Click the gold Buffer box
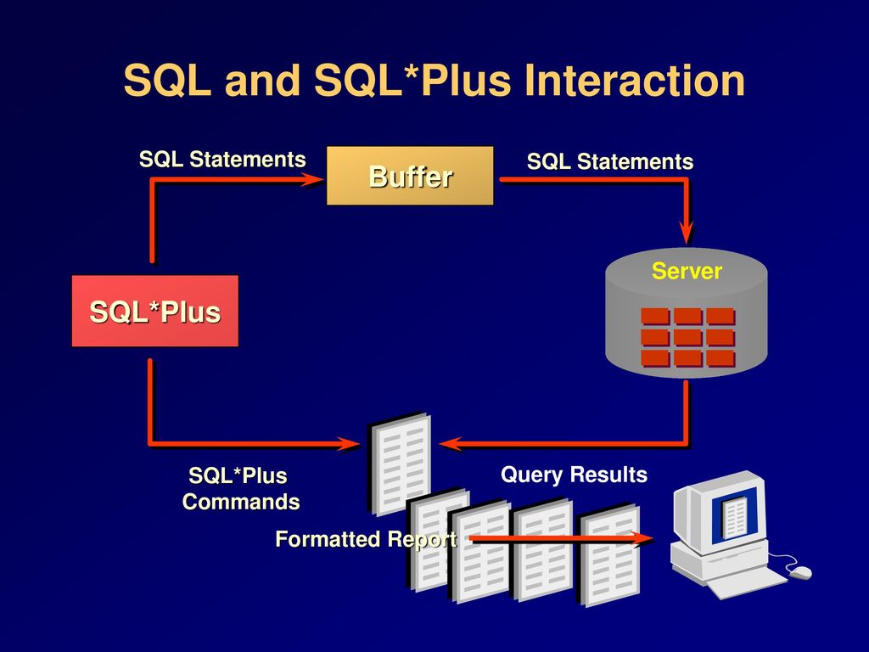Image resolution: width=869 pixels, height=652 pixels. pos(410,176)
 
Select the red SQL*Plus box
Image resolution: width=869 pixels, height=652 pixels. pos(155,311)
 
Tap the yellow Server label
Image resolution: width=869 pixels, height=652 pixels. pos(687,271)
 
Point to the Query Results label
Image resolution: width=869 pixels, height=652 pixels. pos(575,475)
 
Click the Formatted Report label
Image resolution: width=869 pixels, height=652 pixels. pos(367,539)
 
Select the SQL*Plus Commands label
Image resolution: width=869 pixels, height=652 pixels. pos(241,488)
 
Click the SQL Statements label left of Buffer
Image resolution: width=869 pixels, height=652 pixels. pos(222,160)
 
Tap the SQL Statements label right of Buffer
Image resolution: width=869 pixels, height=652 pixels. pos(610,162)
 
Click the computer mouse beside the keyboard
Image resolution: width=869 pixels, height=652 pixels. pos(799,572)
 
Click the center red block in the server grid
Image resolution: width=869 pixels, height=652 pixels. pos(687,337)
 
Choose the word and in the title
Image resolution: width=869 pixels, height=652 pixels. pos(262,81)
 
